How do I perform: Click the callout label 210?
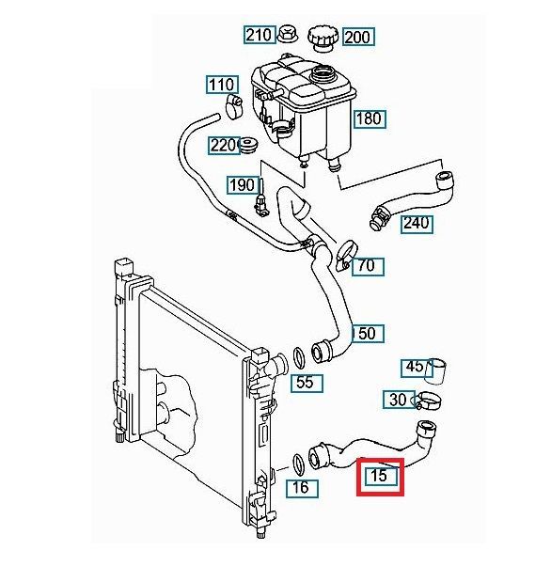coord(260,35)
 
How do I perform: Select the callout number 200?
coord(358,37)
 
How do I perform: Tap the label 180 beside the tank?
coord(370,118)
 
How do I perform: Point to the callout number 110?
coord(222,85)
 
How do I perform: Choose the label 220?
coord(224,146)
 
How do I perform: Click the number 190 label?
coord(243,185)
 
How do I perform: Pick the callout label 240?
coord(417,224)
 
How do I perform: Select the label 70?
coord(368,266)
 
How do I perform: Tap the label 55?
coord(307,383)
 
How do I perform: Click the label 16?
coord(302,488)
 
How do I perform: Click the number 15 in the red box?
coord(380,476)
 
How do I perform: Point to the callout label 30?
coord(399,400)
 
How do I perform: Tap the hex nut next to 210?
coord(287,34)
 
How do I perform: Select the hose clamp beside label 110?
coord(233,106)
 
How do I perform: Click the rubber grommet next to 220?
coord(248,145)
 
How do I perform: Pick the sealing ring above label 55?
coord(299,358)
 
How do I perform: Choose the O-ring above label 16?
coord(299,464)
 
